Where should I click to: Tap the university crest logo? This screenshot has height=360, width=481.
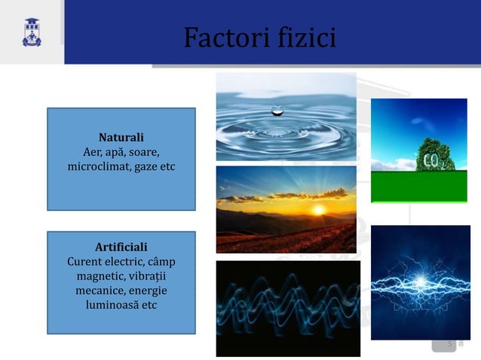click(32, 33)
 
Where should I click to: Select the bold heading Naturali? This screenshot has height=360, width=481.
click(121, 138)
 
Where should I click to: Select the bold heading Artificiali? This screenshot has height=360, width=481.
click(121, 247)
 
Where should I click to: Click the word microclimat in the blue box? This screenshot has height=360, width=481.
click(100, 166)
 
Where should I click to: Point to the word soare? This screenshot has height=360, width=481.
click(143, 152)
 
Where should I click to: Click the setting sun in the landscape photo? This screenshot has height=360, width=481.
click(318, 209)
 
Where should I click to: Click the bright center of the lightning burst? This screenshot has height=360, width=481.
click(419, 288)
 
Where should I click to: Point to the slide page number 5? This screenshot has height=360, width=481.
click(450, 344)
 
